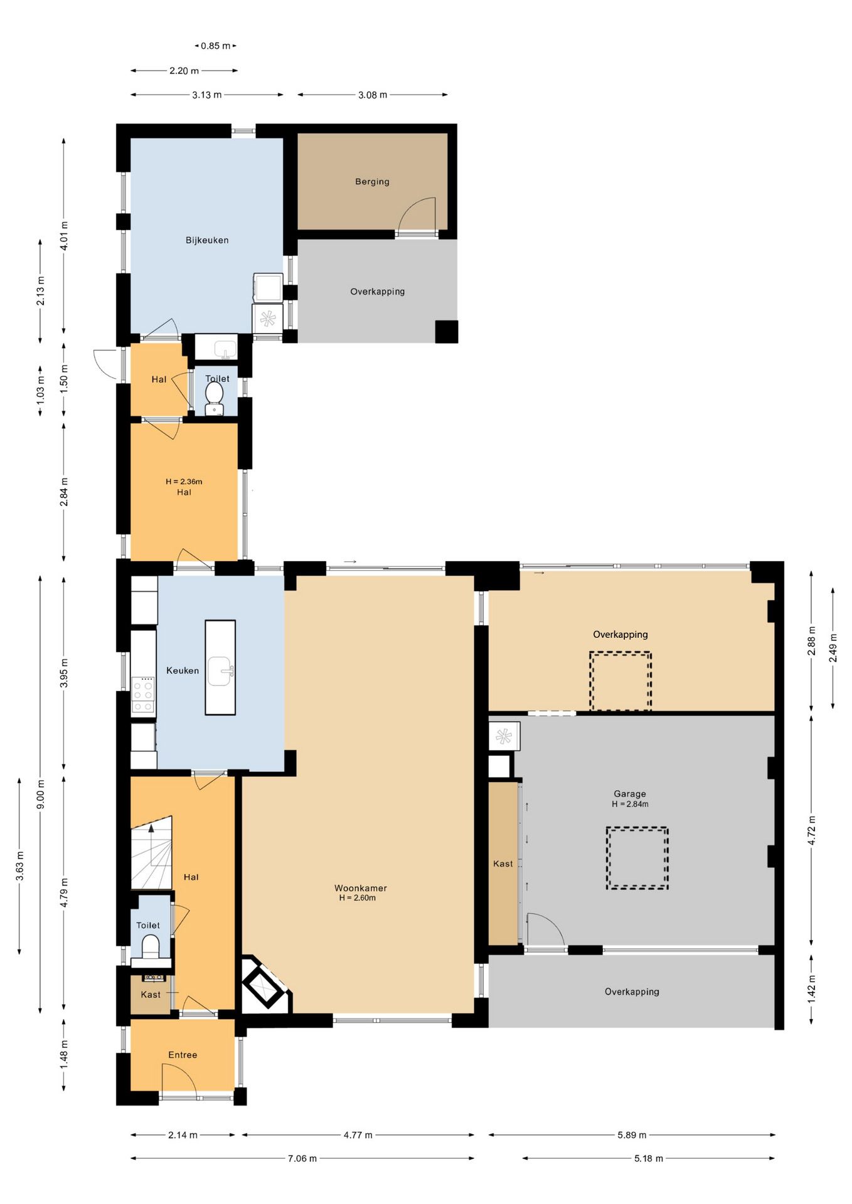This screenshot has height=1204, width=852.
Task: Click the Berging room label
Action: coord(372,182)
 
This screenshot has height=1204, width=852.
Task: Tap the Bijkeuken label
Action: coord(207,240)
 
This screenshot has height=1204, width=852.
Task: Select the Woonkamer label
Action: coord(361,888)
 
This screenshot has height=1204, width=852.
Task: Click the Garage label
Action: coord(630,794)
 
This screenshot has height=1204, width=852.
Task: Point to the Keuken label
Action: coord(183,670)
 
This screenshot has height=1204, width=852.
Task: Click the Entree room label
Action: coord(183,1055)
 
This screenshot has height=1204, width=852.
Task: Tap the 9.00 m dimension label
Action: coord(41,795)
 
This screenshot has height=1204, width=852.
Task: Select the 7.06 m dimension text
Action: coord(302,1158)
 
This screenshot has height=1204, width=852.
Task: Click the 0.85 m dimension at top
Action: coord(216,46)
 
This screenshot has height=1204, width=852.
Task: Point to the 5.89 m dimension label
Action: coord(632,1135)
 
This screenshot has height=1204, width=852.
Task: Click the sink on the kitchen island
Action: coord(220,671)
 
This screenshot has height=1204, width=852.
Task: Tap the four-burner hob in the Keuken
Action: coord(143,695)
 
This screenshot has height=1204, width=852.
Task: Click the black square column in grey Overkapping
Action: coord(447,332)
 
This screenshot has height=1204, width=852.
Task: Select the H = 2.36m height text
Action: coord(184,482)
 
